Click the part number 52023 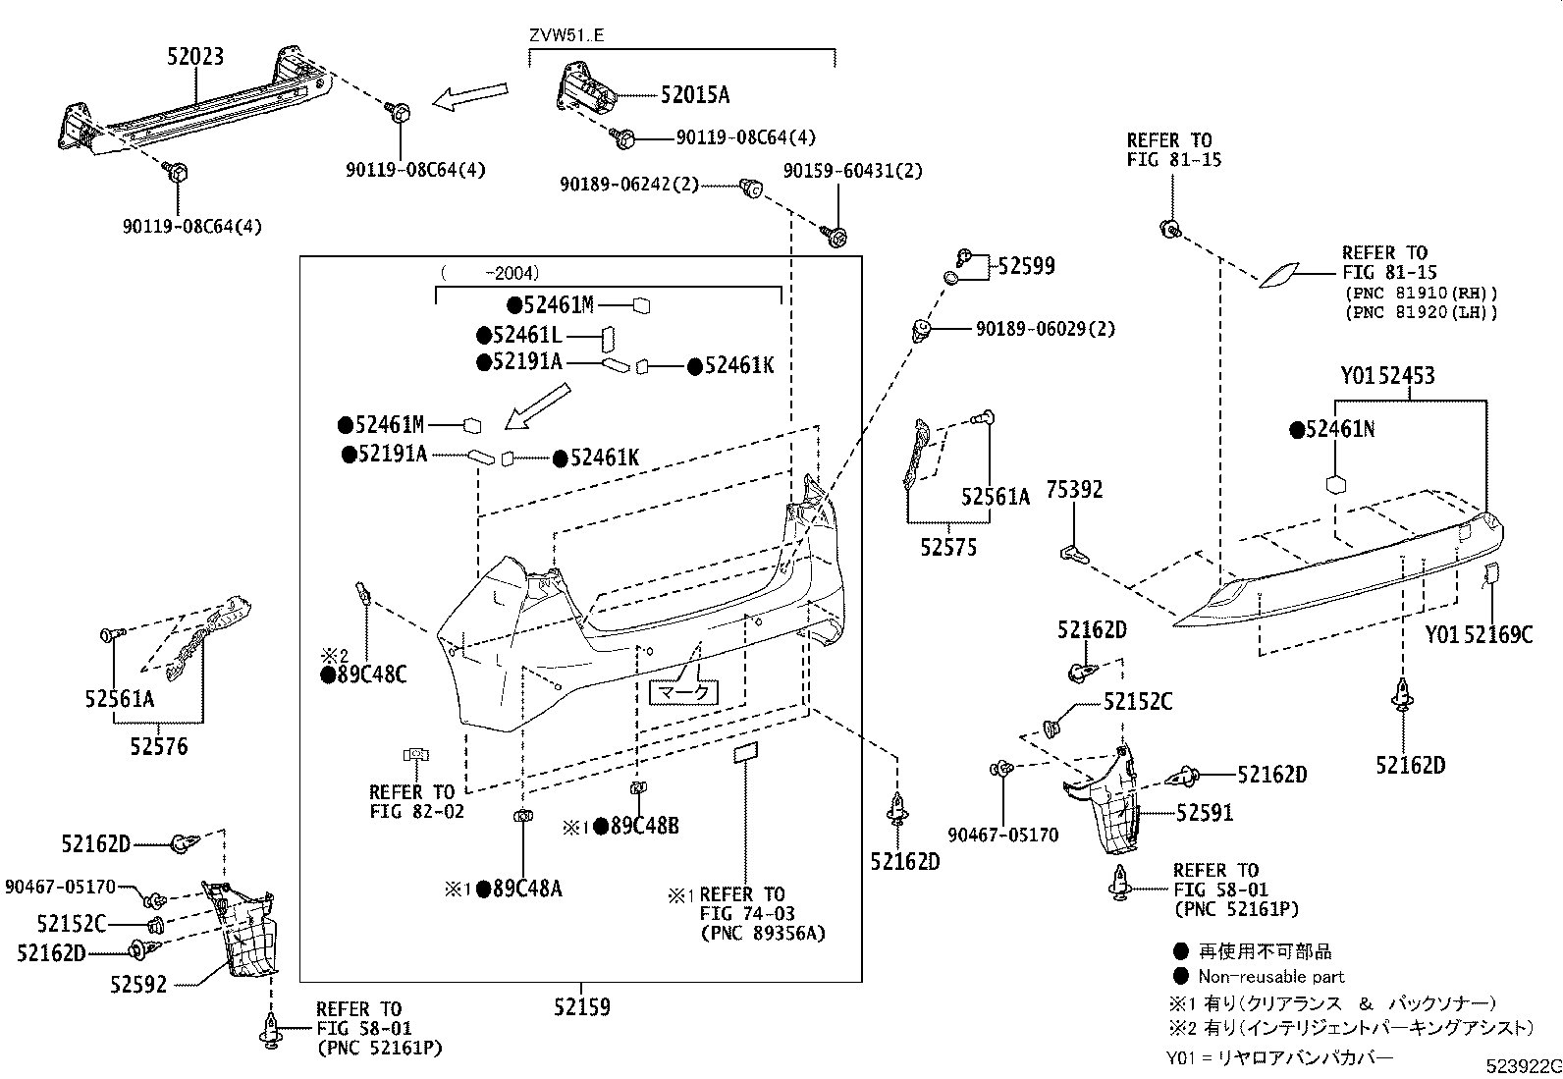194,56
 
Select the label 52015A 695,95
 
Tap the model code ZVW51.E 567,35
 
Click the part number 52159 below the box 581,1006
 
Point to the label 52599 1027,266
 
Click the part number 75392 1074,489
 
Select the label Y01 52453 1387,376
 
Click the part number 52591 1205,813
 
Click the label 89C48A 526,889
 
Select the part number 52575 948,548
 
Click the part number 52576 159,747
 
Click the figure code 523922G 1521,1066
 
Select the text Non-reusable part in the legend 1270,977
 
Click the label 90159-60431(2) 853,171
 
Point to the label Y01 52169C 1479,635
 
